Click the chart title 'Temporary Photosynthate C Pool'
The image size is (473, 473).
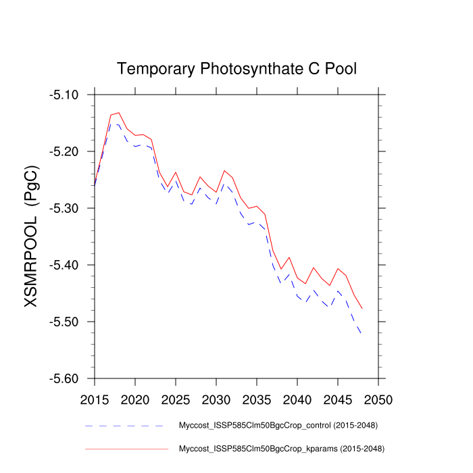236,69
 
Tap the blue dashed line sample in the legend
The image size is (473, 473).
124,426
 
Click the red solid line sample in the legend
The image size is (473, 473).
124,448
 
